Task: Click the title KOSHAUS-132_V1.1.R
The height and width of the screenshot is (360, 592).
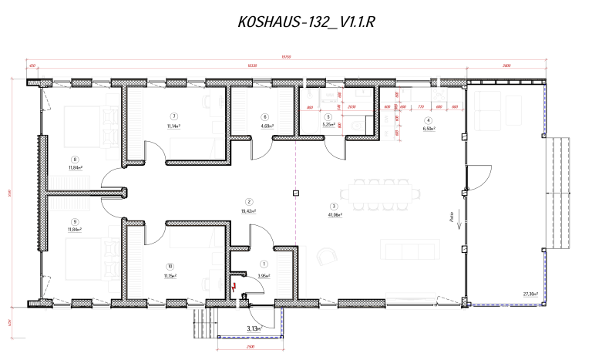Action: click(x=306, y=22)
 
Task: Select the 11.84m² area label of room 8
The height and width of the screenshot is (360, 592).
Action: click(x=75, y=167)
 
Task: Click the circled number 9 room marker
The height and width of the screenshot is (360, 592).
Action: click(x=75, y=200)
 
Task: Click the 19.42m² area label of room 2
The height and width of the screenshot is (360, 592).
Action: click(x=249, y=210)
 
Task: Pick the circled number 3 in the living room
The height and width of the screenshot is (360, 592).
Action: click(x=333, y=206)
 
